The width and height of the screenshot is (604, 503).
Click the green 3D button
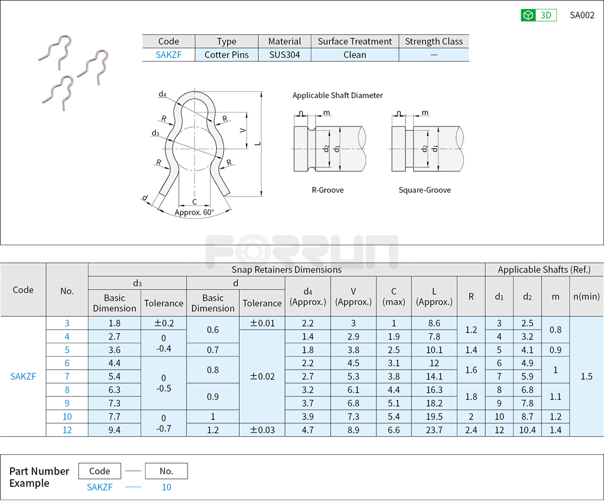[539, 15]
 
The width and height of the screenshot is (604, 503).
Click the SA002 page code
[582, 15]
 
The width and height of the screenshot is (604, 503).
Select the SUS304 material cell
[284, 55]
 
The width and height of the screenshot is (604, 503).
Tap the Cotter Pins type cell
[226, 55]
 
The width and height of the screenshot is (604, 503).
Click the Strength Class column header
[434, 41]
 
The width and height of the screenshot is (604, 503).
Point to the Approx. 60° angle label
[194, 212]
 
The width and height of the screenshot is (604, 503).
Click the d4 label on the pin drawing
[163, 95]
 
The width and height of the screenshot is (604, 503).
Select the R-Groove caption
[327, 190]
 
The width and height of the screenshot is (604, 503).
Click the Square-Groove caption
[425, 190]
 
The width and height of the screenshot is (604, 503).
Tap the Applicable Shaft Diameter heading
[338, 95]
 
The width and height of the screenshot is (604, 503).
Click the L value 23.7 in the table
[435, 430]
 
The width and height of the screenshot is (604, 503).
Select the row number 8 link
[67, 390]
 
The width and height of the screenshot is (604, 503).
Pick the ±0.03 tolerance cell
[262, 430]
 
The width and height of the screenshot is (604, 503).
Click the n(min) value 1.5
[586, 376]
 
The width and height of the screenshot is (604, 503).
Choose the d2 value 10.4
[528, 430]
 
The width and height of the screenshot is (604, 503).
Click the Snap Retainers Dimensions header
[286, 270]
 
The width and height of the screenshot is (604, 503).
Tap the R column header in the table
[471, 296]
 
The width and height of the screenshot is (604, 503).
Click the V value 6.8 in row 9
[353, 403]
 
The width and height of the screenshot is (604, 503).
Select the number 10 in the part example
[166, 487]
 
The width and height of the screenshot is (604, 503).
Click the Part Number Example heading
[39, 477]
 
